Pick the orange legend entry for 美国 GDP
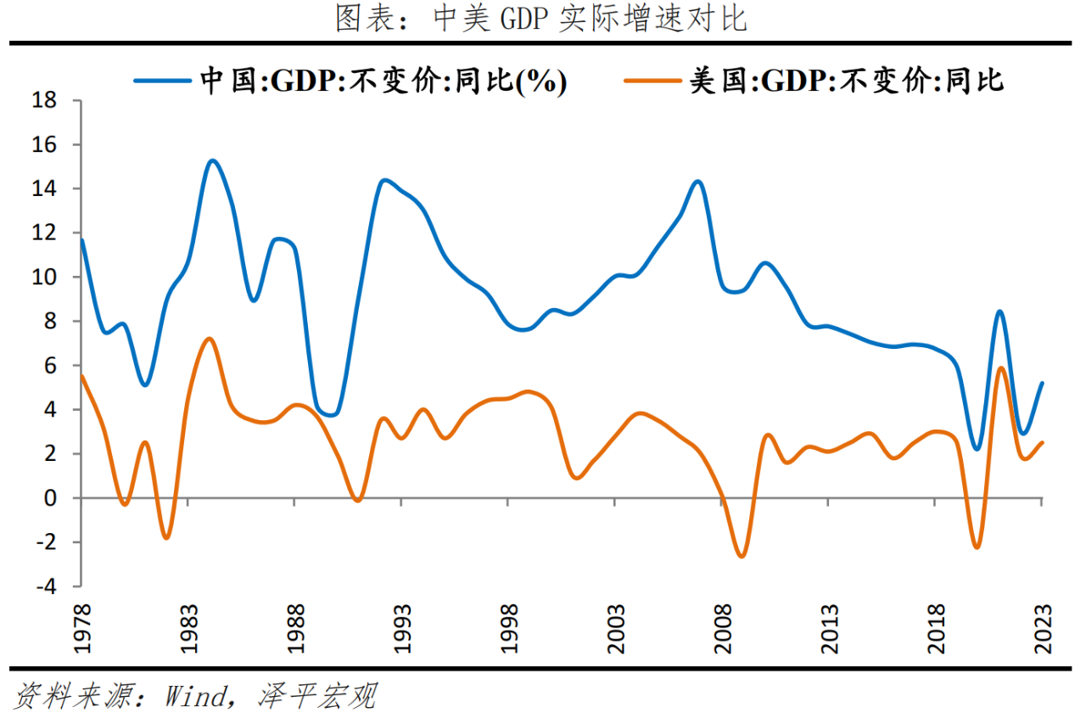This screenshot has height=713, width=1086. [x=814, y=81]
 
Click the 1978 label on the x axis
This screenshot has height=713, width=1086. [x=82, y=629]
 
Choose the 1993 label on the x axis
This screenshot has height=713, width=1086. [x=402, y=629]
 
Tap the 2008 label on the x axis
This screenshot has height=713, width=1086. [x=723, y=629]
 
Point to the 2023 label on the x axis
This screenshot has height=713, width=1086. [x=1043, y=629]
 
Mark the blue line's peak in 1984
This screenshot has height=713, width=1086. [x=211, y=160]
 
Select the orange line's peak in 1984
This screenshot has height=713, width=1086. [x=210, y=339]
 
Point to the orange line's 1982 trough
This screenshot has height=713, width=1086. [x=166, y=537]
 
